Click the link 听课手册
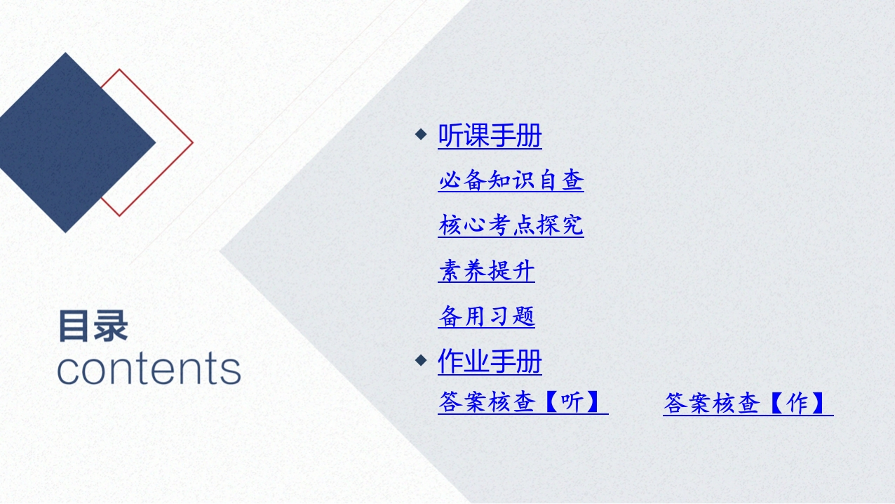[490, 135]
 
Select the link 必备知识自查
[511, 180]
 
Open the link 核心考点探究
[511, 225]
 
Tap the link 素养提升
[486, 270]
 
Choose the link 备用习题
[486, 316]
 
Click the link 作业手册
[490, 362]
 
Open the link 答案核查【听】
[523, 402]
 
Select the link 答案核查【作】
[748, 403]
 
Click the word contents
[149, 369]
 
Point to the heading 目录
[93, 326]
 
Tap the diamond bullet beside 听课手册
[421, 134]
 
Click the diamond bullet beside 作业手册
[421, 360]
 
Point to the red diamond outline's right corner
[193, 142]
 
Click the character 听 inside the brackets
[572, 402]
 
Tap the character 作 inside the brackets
[797, 402]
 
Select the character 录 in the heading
[112, 326]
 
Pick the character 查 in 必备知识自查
[572, 180]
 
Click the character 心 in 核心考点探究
[474, 225]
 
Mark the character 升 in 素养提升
[523, 270]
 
